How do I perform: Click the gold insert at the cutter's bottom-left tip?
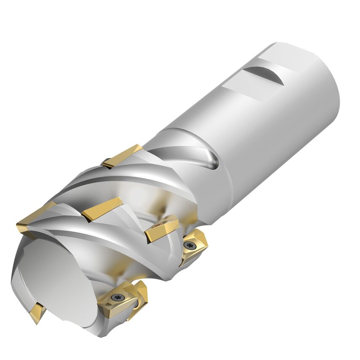pyautogui.click(x=37, y=312)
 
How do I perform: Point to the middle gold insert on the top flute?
pyautogui.click(x=102, y=208)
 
